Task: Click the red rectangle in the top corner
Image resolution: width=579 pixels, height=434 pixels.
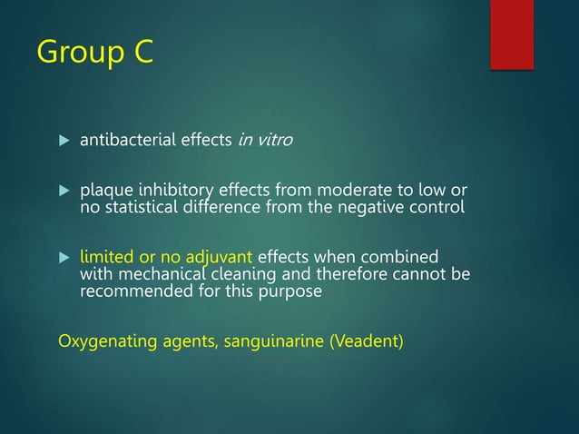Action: click(x=511, y=34)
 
